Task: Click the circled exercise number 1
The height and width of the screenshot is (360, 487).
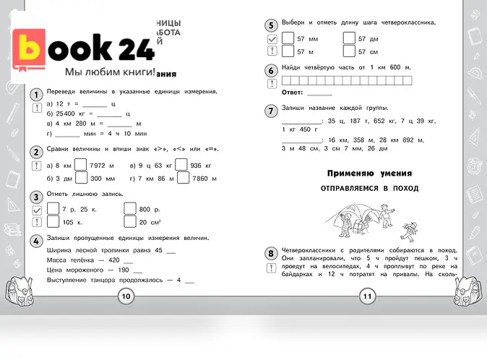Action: click(35, 95)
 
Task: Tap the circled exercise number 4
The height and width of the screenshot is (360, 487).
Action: click(35, 240)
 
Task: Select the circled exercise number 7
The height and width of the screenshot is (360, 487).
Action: click(270, 111)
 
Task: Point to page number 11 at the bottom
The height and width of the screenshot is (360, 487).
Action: click(366, 295)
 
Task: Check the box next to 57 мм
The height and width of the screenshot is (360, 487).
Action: click(288, 38)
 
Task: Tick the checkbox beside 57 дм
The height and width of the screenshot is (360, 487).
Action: click(349, 38)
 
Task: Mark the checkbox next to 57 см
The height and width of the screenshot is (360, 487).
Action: click(349, 51)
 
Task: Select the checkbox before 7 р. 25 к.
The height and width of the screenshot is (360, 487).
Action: click(53, 208)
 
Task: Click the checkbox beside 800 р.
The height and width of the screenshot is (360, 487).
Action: click(130, 208)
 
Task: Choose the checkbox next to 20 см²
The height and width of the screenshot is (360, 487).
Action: click(130, 222)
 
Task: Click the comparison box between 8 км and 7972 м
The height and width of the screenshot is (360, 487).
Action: click(81, 165)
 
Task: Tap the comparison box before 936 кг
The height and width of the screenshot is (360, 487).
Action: click(181, 165)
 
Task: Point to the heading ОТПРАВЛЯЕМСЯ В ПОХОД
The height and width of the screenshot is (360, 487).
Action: click(369, 188)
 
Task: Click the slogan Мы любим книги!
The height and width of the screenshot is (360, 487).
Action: click(110, 72)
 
